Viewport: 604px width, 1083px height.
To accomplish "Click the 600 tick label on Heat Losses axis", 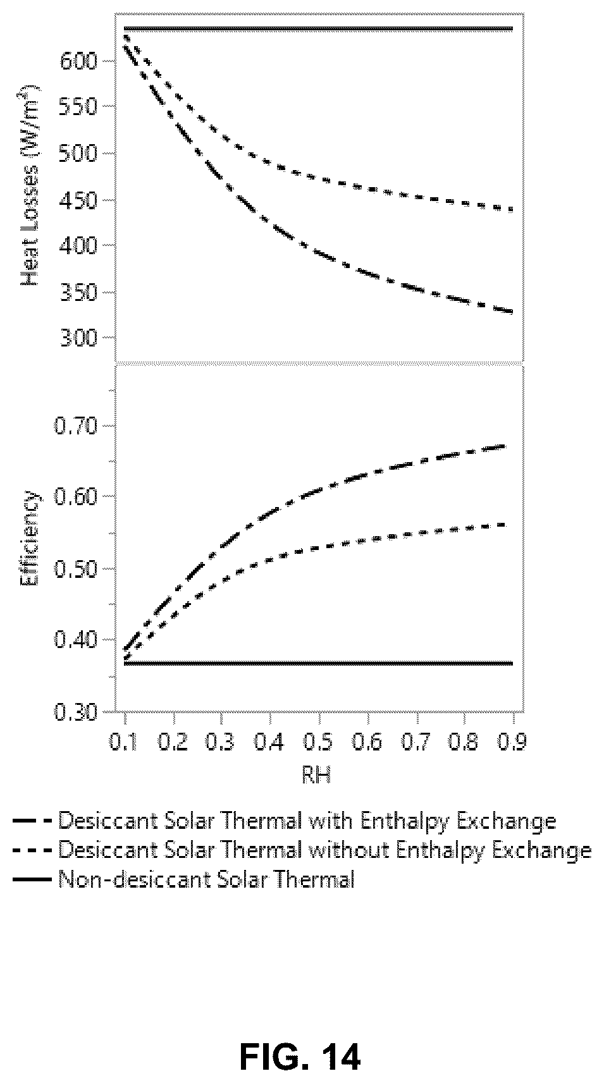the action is pos(78,61).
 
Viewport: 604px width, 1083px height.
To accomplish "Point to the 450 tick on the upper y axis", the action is pos(78,200).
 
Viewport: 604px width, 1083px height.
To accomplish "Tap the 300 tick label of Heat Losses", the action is pos(78,338).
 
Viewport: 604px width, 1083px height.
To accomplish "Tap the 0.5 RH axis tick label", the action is pos(318,741).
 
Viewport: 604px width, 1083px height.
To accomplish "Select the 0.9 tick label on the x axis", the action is pos(512,741).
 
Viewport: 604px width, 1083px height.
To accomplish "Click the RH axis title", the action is pos(317,776).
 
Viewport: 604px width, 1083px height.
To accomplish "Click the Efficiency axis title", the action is pos(30,537).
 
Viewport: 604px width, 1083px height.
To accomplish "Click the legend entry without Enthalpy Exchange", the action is pos(302,850).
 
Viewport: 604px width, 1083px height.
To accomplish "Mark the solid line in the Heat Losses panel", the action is pos(318,29).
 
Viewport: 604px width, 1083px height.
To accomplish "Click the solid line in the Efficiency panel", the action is pos(318,663).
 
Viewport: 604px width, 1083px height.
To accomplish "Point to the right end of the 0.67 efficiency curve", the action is pos(506,446).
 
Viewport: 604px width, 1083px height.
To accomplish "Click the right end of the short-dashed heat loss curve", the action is pos(512,210).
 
